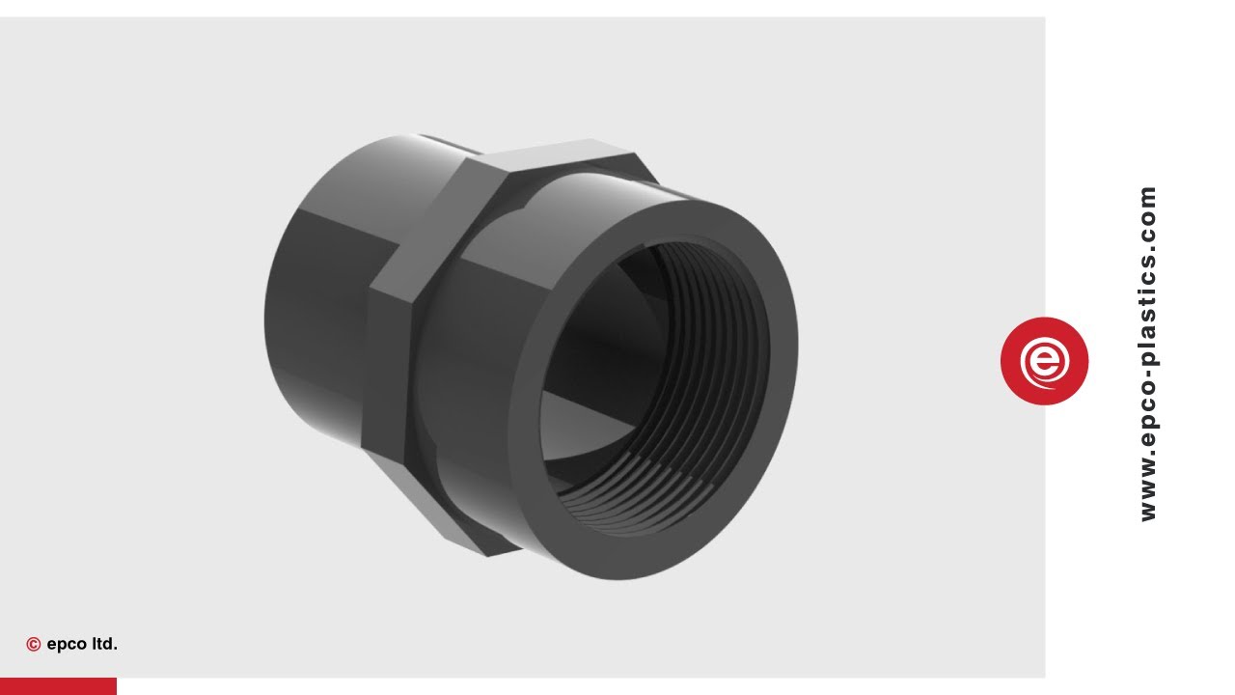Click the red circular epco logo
point(1044,361)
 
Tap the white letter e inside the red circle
point(1044,362)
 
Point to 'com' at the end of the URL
point(1147,208)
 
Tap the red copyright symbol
point(34,645)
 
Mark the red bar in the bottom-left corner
point(58,686)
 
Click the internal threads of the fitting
point(714,319)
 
